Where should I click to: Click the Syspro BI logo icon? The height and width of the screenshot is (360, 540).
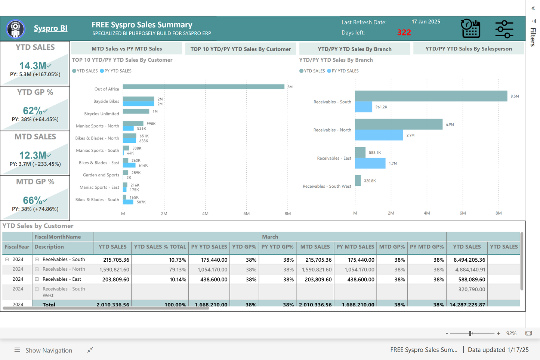(x=16, y=29)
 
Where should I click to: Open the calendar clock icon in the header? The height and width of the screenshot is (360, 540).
(x=470, y=29)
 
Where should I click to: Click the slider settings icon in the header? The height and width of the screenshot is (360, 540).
(x=504, y=29)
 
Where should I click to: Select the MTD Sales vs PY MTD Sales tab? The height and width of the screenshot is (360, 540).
(x=127, y=49)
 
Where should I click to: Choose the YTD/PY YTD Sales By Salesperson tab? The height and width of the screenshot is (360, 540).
(x=469, y=49)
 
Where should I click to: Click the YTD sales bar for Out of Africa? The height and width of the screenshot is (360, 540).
(x=203, y=87)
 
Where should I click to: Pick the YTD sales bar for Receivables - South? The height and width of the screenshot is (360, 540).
(x=431, y=96)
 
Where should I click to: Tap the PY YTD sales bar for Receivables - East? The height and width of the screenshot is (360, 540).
(x=370, y=163)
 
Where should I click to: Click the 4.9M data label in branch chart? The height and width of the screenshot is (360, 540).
(x=450, y=124)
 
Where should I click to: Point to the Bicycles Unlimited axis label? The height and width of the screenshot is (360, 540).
(x=101, y=114)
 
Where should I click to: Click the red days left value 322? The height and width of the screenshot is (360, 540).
(x=404, y=33)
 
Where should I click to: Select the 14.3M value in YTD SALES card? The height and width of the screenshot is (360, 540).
(x=33, y=66)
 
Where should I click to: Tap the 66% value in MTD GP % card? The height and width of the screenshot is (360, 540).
(x=33, y=200)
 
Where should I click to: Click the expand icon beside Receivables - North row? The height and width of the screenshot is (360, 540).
(x=37, y=269)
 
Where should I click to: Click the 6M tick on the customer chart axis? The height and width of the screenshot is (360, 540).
(x=246, y=214)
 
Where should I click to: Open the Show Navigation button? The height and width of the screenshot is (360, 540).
(x=43, y=350)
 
